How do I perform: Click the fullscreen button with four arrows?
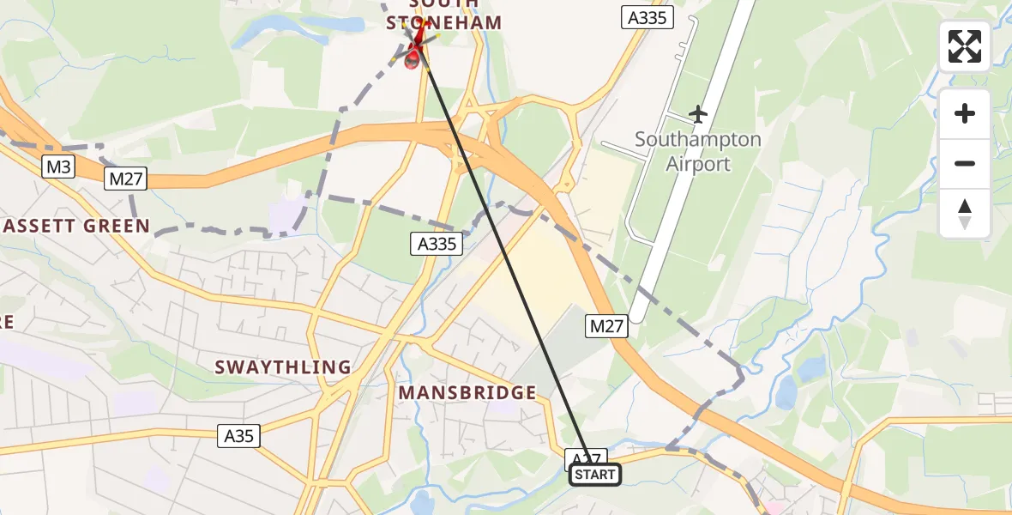[965, 46]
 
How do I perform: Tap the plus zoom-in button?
[965, 113]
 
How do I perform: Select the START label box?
[595, 475]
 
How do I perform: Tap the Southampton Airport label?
[698, 151]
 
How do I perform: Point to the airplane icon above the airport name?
[698, 113]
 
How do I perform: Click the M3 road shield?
[58, 167]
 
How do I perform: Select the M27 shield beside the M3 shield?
[126, 179]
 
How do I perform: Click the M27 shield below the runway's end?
[608, 326]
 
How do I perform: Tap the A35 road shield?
[238, 436]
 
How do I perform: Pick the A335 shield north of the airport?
[647, 17]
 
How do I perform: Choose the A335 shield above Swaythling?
[437, 244]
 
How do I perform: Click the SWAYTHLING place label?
[283, 367]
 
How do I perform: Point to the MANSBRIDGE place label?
[467, 393]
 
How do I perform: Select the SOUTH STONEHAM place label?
[443, 15]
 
